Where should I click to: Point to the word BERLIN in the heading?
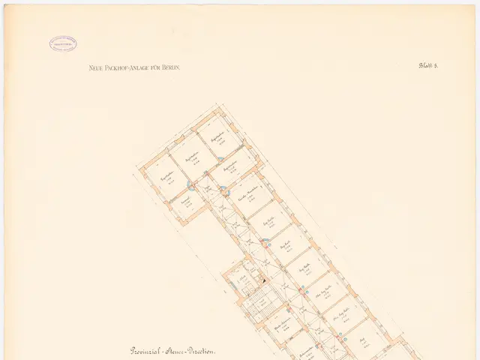click(171, 67)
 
